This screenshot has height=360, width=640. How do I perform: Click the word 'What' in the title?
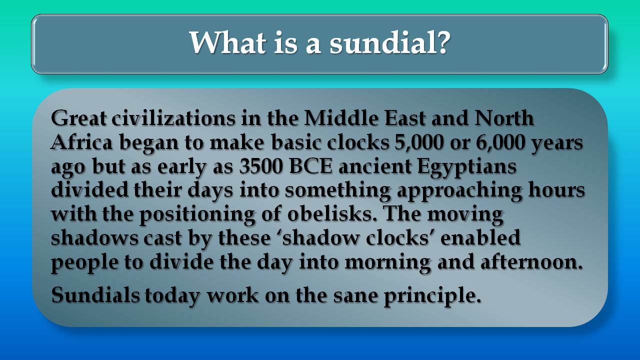[x=227, y=42]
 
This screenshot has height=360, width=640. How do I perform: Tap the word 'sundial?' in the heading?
[x=390, y=42]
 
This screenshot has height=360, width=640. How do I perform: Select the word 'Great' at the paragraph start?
[x=78, y=117]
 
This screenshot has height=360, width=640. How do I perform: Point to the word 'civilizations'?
[x=173, y=117]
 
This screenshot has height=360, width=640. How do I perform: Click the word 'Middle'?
[x=341, y=117]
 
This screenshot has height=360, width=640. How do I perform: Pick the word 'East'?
[x=405, y=117]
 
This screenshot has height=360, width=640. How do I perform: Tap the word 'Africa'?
[x=81, y=142]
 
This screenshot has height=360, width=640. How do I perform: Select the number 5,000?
[x=419, y=142]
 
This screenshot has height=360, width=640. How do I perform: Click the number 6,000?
[x=500, y=142]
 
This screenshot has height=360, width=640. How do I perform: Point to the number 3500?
[x=261, y=166]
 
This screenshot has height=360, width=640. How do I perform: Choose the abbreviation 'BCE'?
[x=311, y=166]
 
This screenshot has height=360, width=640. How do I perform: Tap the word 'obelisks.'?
[x=332, y=213]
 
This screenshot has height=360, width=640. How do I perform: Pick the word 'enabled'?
[x=480, y=237]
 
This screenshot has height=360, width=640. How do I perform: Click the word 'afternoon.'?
[x=531, y=261]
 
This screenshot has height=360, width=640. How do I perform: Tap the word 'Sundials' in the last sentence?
[x=95, y=294]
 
